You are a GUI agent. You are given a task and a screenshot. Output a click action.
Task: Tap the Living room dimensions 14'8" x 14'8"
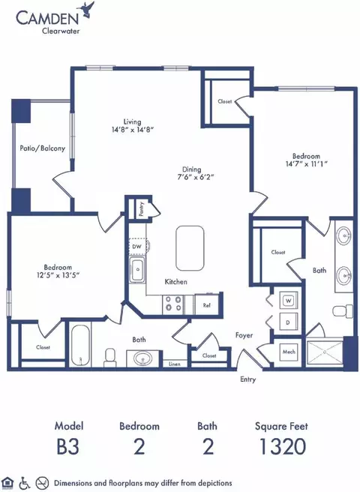coord(133,130)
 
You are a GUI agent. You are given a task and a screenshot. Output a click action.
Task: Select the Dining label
coord(191,169)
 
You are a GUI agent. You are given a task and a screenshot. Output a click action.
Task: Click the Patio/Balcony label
coord(42,148)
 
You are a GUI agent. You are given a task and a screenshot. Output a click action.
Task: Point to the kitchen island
coord(190,248)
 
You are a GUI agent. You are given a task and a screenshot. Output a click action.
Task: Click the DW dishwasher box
coord(136,247)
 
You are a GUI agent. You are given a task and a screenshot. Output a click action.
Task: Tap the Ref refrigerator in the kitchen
coord(206,304)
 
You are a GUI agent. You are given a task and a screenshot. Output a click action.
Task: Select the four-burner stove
coord(173,304)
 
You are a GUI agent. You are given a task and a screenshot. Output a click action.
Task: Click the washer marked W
coord(289,301)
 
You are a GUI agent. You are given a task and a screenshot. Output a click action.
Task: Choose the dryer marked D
coord(288,322)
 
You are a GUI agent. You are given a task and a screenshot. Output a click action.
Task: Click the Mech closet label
coord(289,352)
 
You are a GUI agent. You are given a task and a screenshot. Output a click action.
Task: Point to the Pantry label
coord(141,209)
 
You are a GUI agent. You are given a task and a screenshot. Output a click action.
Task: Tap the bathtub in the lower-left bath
coord(80,346)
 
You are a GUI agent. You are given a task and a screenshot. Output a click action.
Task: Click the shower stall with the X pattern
coord(325,352)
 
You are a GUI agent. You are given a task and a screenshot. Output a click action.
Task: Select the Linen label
coord(175,364)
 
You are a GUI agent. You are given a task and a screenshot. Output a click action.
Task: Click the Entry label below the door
coord(248,379)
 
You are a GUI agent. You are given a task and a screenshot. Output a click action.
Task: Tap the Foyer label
coord(244,335)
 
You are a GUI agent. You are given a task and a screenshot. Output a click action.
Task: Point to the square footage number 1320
coord(283,446)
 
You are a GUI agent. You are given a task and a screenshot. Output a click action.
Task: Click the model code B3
coord(67,446)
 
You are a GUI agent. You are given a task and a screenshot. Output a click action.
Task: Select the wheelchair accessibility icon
coord(25,483)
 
